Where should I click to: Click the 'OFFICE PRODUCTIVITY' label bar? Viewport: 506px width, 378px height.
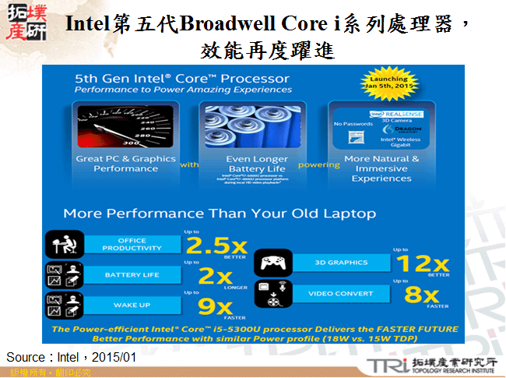coord(132,245)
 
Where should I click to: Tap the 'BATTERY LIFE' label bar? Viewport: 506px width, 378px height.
coord(132,275)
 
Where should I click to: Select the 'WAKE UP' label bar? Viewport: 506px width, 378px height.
coord(132,305)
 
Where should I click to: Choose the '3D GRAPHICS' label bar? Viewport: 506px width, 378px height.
coord(336,262)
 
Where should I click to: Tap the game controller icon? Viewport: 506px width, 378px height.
coord(273,262)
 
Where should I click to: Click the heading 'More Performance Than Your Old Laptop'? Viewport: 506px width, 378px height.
coord(220,214)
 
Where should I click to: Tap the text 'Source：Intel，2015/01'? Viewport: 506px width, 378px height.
coord(72,357)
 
